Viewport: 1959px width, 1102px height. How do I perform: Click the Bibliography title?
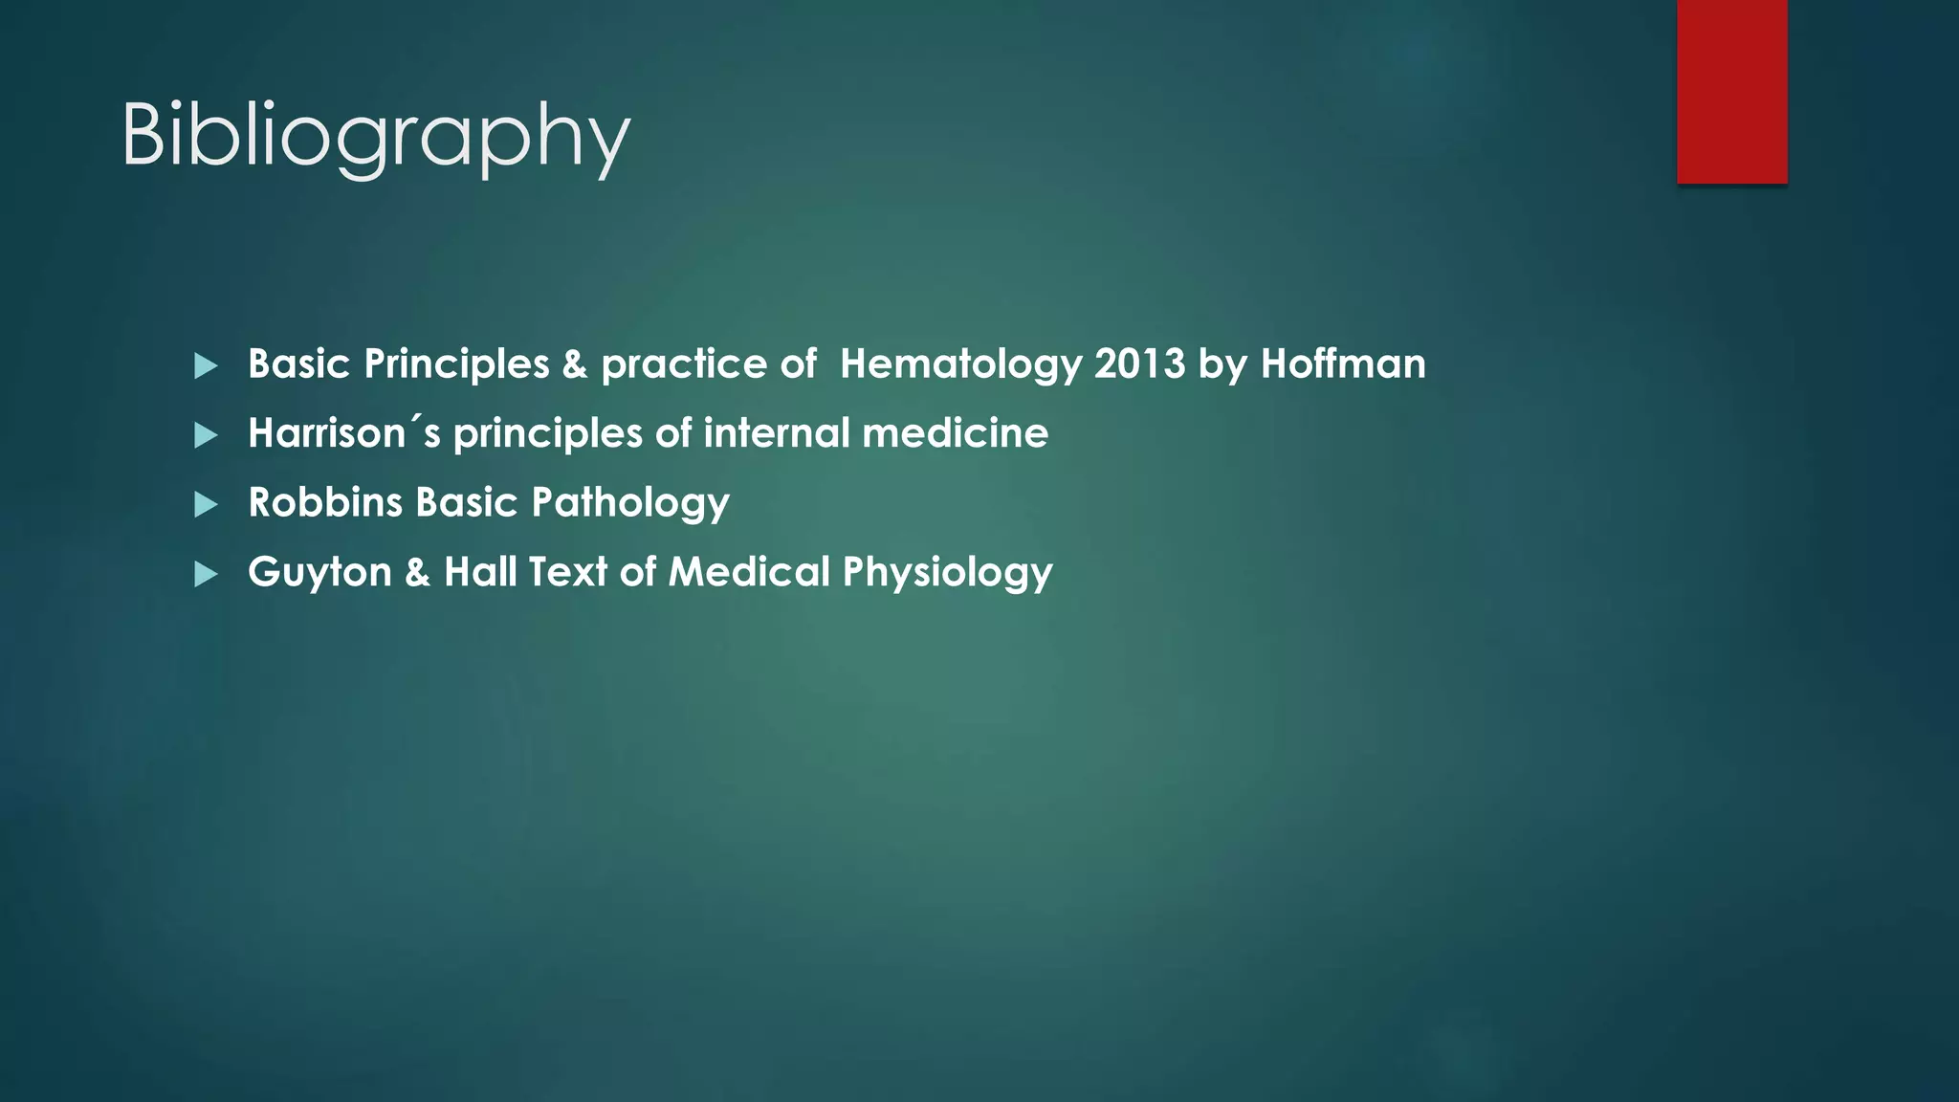tap(375, 136)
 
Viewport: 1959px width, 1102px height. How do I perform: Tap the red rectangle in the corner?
tap(1731, 91)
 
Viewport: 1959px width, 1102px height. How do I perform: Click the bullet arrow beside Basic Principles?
tap(206, 365)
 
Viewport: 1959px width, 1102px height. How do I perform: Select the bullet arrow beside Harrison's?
tap(206, 435)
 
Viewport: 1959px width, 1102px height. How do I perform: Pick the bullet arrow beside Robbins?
tap(206, 504)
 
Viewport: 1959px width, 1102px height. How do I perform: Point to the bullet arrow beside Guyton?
tap(206, 574)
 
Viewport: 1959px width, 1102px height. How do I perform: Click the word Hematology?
tap(960, 364)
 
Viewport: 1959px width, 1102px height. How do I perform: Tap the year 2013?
tap(1139, 364)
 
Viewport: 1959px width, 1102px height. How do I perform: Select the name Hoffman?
tap(1343, 364)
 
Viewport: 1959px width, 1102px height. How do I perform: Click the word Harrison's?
tap(344, 433)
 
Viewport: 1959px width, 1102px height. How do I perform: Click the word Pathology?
tap(630, 503)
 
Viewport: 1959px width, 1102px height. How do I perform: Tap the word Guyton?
tap(319, 573)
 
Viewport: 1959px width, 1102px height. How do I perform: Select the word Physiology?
tap(947, 573)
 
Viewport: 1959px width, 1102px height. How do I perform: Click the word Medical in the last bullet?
tap(749, 572)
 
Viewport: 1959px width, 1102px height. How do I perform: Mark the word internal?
tap(776, 433)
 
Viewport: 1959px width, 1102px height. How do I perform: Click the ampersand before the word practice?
tap(575, 364)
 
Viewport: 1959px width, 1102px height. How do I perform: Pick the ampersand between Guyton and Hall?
tap(417, 573)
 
